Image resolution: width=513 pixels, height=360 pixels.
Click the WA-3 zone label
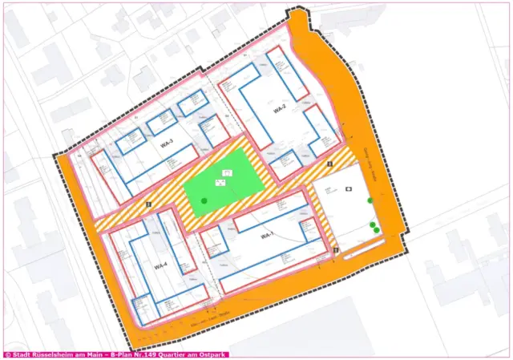pyautogui.click(x=167, y=145)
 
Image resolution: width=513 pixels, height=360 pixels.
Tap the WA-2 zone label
pyautogui.click(x=280, y=108)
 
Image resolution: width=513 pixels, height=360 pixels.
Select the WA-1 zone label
pyautogui.click(x=268, y=237)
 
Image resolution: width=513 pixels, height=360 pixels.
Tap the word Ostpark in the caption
pyautogui.click(x=211, y=354)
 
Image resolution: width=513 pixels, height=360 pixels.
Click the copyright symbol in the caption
pyautogui.click(x=7, y=354)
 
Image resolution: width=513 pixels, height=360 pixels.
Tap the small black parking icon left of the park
pyautogui.click(x=149, y=204)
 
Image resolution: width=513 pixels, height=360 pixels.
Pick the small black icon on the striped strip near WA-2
pyautogui.click(x=330, y=164)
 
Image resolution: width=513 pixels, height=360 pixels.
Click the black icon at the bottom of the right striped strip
pyautogui.click(x=336, y=251)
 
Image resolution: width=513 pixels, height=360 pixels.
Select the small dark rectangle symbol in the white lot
pyautogui.click(x=349, y=189)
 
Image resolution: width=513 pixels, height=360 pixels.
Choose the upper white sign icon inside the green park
pyautogui.click(x=227, y=172)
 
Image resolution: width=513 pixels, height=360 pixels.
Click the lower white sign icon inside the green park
pyautogui.click(x=220, y=182)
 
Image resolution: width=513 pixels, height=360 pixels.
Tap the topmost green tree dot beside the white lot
pyautogui.click(x=370, y=200)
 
